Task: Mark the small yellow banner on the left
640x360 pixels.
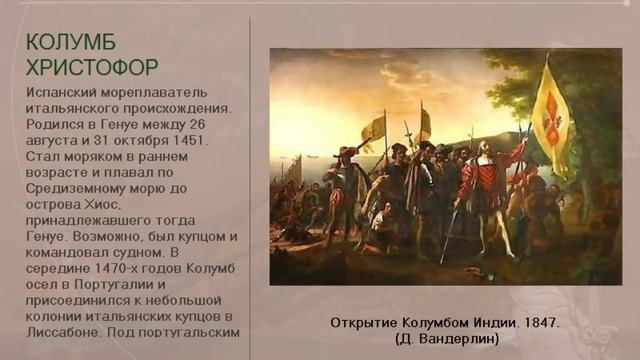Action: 373,128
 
